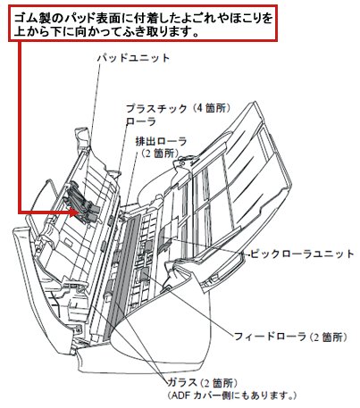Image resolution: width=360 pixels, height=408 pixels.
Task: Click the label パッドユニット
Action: pos(133,57)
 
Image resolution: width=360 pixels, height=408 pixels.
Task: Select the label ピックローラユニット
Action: pos(302,254)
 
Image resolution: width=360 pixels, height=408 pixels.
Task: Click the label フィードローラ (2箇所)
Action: pos(290,337)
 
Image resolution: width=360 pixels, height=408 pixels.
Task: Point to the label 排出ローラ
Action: pos(161,141)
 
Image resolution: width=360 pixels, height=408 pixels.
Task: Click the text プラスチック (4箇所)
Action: pos(179,108)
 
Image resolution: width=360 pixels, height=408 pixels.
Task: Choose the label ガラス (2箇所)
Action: pos(203,383)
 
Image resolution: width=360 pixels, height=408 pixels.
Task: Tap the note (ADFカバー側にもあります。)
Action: pos(232,396)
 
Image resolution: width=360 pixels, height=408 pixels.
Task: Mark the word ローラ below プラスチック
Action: pos(141,121)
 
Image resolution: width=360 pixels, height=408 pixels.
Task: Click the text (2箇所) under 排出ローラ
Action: pos(160,154)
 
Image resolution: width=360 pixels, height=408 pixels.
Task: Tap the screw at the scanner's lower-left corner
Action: pos(78,329)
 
